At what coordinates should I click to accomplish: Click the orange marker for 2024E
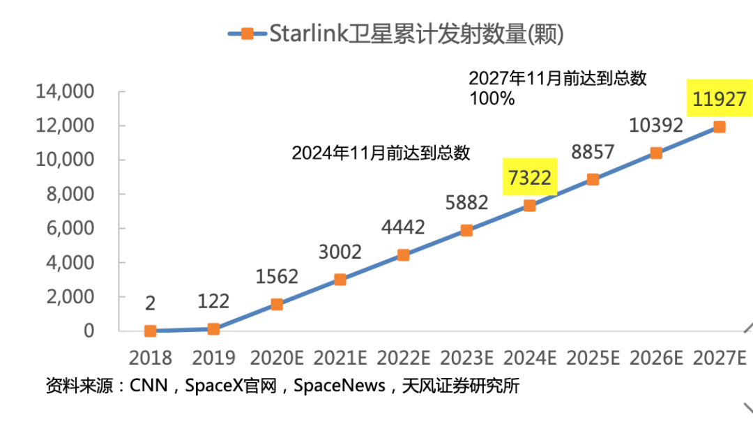[530, 206]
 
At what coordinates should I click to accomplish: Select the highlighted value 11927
[720, 100]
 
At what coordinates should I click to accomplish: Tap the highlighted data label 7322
[530, 179]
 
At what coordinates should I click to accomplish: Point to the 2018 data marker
[150, 331]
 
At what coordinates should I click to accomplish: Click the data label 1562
[276, 277]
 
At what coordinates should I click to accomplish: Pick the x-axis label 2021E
[340, 358]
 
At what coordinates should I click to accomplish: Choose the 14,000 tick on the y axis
[65, 92]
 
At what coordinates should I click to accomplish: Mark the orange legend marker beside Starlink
[247, 33]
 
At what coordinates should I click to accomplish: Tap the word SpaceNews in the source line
[340, 386]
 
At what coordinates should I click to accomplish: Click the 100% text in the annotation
[492, 99]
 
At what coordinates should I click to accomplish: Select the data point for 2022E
[403, 255]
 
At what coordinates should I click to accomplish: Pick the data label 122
[213, 301]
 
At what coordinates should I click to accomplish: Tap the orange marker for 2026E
[656, 153]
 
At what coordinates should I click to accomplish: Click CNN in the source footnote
[149, 386]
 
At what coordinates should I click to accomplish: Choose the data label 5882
[466, 203]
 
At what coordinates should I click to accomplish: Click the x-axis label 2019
[213, 358]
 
